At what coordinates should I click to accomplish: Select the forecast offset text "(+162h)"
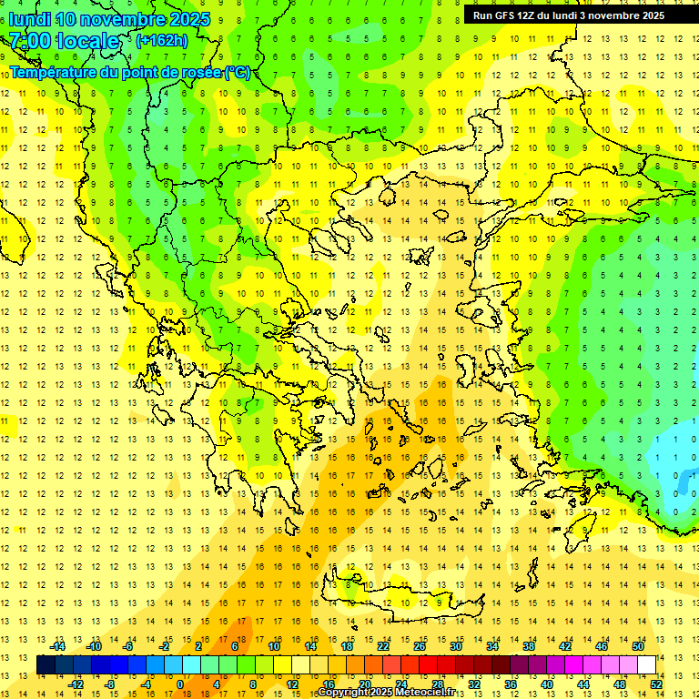pos(162,41)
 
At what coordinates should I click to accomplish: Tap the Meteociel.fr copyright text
pos(386,693)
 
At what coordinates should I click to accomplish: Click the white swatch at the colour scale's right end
pos(646,665)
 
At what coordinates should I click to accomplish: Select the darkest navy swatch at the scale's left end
pos(46,665)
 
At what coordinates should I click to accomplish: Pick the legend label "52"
pos(656,684)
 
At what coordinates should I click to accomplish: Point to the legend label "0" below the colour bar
pos(179,684)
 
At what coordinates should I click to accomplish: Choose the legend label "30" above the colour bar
pos(456,646)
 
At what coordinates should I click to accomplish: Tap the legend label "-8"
pos(110,684)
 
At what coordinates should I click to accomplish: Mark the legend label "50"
pos(638,646)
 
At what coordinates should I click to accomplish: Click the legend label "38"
pos(529,646)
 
